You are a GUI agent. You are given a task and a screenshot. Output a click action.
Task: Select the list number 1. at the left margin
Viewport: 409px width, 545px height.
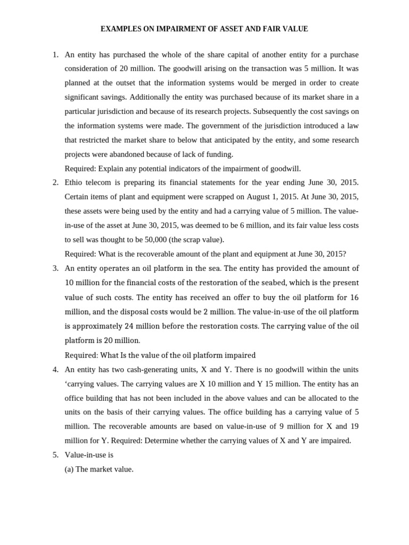pyautogui.click(x=55, y=55)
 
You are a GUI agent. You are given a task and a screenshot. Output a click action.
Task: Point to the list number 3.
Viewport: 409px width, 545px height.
pyautogui.click(x=55, y=268)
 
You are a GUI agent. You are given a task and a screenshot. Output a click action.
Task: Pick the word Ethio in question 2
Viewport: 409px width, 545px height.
pyautogui.click(x=74, y=183)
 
